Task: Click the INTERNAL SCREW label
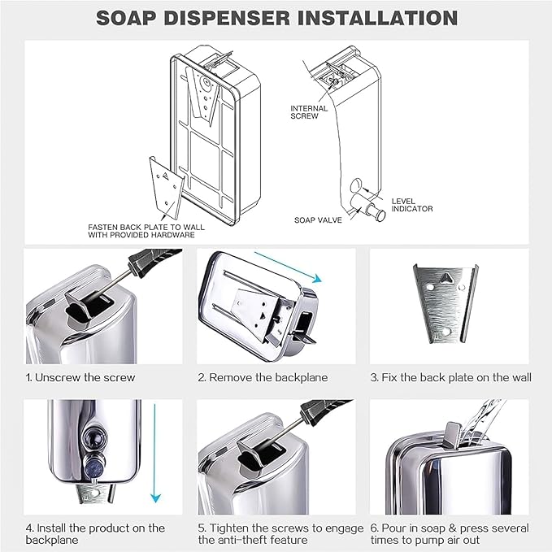coord(309,111)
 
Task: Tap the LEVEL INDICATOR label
coord(411,205)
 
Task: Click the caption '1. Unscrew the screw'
coord(80,377)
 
